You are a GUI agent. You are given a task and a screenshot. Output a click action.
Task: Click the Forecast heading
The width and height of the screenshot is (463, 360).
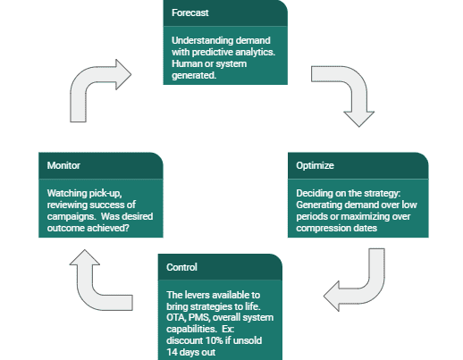[x=190, y=13]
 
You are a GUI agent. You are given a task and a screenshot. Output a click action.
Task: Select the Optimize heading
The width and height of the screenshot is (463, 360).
[x=315, y=165]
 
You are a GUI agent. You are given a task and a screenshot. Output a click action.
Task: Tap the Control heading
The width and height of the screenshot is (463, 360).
[x=181, y=267]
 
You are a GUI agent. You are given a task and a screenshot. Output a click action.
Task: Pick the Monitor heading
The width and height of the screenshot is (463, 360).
[x=63, y=165]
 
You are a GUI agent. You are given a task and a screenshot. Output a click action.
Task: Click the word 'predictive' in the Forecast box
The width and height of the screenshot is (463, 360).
[x=213, y=53]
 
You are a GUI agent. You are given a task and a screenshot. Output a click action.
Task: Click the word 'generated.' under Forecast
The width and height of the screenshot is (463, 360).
[x=194, y=76]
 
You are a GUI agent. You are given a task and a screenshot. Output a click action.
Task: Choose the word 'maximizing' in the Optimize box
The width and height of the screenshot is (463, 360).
[x=365, y=217]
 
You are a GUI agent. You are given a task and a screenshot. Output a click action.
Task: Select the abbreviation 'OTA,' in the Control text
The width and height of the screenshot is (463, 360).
[x=176, y=318]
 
